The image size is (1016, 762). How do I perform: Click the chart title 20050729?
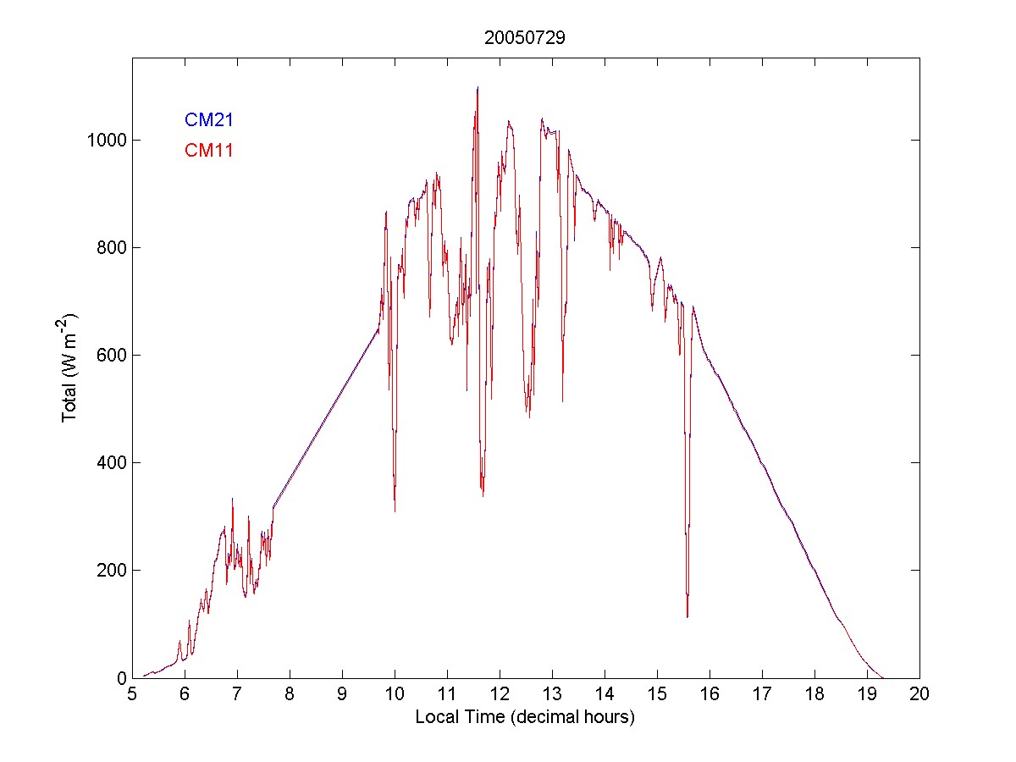pyautogui.click(x=524, y=37)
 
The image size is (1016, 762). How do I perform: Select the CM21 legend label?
pyautogui.click(x=208, y=120)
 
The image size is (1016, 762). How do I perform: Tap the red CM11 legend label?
pyautogui.click(x=208, y=151)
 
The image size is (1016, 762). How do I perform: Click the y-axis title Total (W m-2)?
pyautogui.click(x=70, y=367)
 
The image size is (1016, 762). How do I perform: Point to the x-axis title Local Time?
pyautogui.click(x=524, y=717)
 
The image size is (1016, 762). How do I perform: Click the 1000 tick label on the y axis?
pyautogui.click(x=107, y=140)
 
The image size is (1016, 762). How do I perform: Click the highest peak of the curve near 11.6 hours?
pyautogui.click(x=478, y=87)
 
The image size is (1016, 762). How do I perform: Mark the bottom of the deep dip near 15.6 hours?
pyautogui.click(x=687, y=616)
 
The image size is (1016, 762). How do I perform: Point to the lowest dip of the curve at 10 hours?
pyautogui.click(x=395, y=511)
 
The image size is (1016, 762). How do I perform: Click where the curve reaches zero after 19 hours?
pyautogui.click(x=883, y=677)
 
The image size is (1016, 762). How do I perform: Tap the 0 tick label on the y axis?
pyautogui.click(x=120, y=677)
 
